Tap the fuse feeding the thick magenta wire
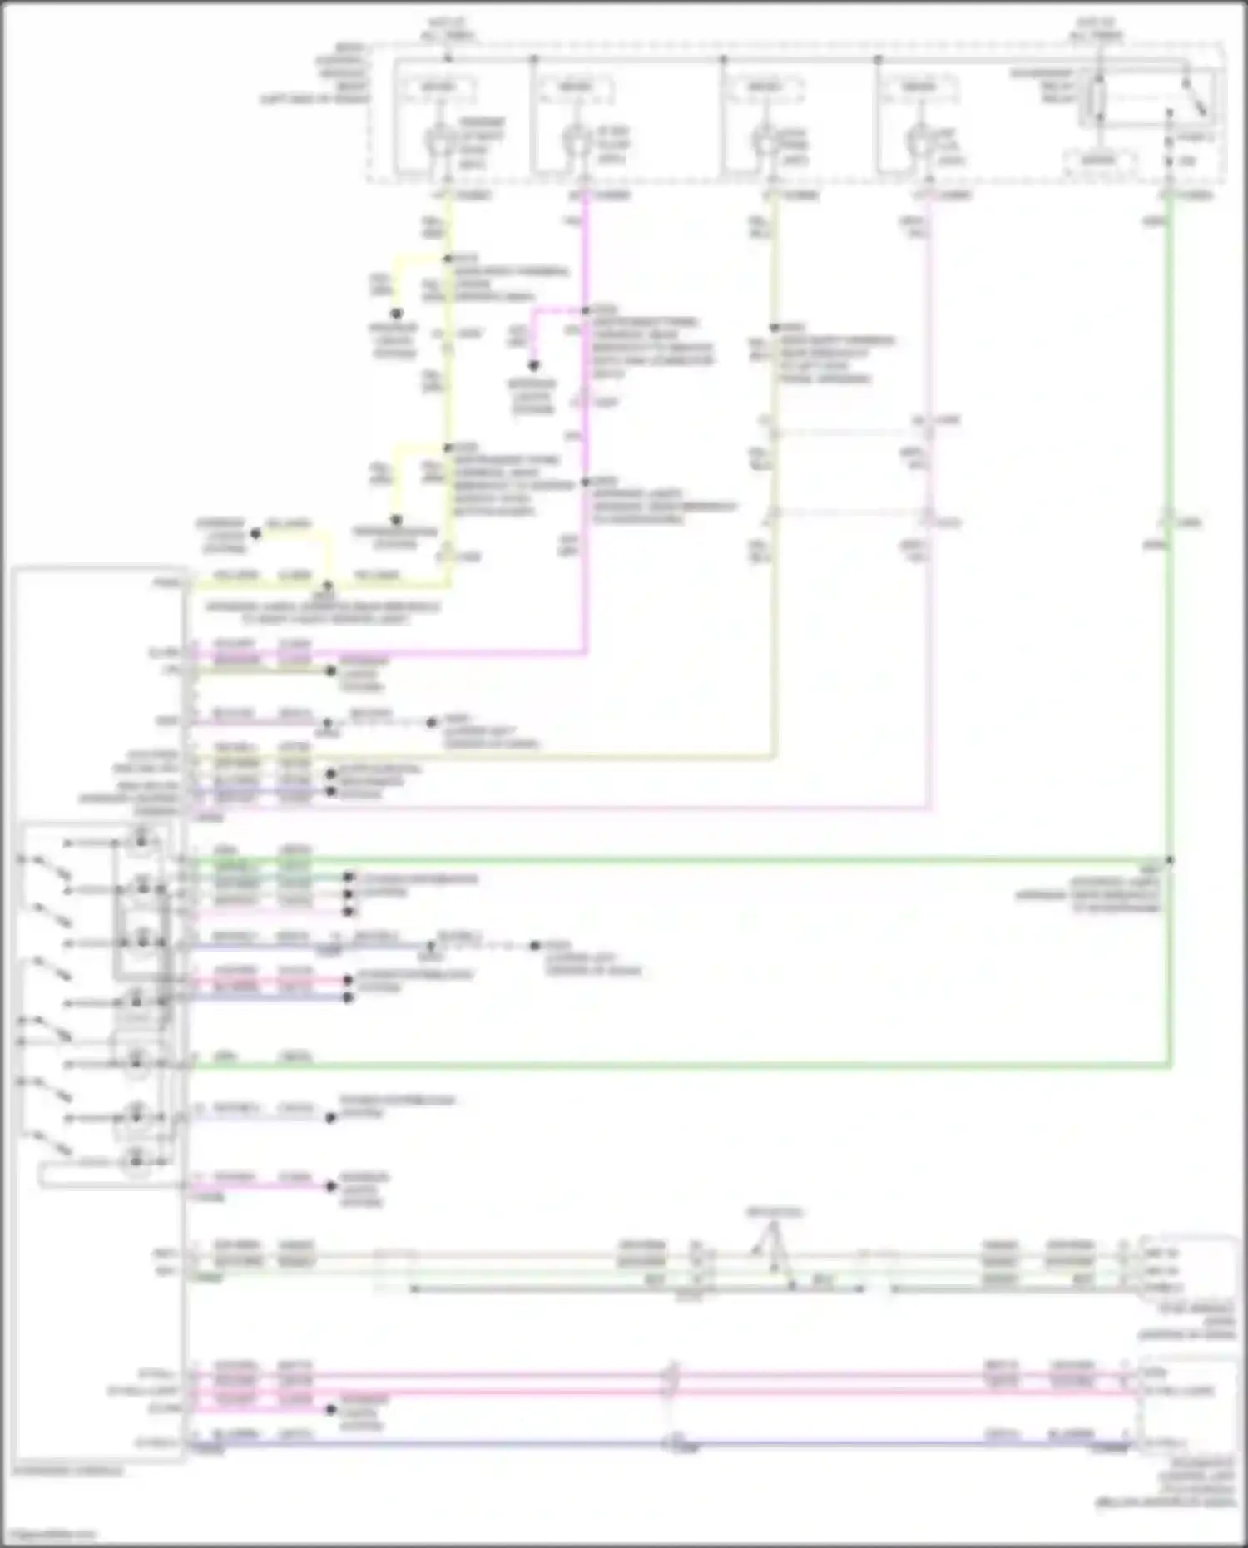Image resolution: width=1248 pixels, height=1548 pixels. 573,141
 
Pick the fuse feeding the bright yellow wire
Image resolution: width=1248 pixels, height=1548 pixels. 438,141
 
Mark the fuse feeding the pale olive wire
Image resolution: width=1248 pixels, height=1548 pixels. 762,141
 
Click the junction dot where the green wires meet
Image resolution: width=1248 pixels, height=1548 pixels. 1170,860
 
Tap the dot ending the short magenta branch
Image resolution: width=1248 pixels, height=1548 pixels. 533,365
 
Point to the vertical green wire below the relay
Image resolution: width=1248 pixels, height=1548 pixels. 1170,374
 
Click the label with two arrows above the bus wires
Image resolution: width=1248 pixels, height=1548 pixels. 773,1212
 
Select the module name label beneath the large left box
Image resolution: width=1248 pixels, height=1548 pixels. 67,1471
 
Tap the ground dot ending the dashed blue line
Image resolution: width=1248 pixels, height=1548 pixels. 536,946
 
